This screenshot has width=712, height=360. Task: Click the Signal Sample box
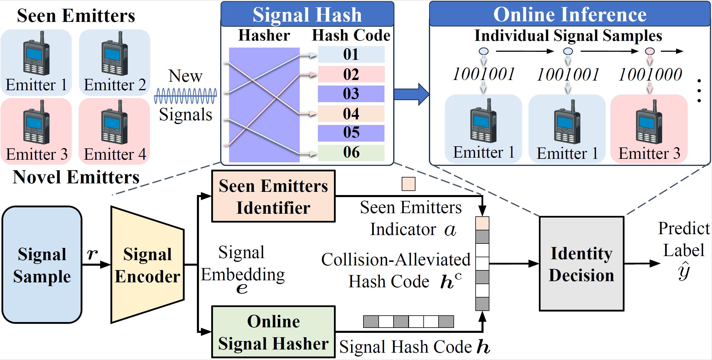[42, 265]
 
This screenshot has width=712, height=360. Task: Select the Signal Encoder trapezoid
[148, 265]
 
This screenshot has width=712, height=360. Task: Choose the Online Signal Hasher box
[273, 332]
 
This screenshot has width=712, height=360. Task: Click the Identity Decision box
[581, 264]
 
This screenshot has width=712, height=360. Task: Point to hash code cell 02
[351, 74]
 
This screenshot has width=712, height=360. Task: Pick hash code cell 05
[351, 133]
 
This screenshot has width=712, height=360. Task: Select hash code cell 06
[351, 153]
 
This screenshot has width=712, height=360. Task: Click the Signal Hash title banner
[307, 14]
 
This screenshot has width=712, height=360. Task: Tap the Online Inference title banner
[570, 14]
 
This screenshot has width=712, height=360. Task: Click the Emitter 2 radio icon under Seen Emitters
[115, 54]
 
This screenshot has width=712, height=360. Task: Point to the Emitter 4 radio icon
[114, 122]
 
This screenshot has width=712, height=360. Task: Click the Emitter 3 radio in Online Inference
[649, 122]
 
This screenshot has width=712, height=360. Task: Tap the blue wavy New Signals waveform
[186, 96]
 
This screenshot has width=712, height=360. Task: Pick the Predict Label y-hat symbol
[684, 271]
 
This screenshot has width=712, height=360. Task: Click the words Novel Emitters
[76, 177]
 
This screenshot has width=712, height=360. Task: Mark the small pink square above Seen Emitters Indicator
[408, 184]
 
